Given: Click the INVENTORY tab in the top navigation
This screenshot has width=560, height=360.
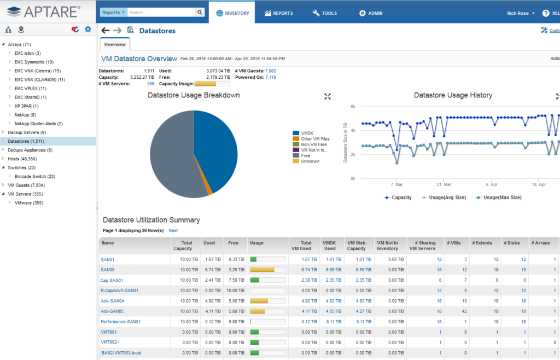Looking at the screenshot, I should [232, 13].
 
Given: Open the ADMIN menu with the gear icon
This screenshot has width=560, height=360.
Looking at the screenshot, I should [370, 13].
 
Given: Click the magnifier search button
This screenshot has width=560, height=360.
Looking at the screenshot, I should [200, 12].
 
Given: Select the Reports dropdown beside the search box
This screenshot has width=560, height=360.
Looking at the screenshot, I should [114, 12].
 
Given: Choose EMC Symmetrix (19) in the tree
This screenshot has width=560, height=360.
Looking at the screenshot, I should [34, 62].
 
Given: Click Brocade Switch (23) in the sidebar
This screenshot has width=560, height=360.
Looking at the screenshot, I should [34, 176].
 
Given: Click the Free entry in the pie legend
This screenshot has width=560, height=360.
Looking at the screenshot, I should [306, 155].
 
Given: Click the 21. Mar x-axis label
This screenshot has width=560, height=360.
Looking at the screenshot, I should [444, 185].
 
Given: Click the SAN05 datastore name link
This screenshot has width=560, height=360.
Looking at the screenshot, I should [107, 269].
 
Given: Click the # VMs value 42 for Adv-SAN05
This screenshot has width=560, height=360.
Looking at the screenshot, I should [464, 311].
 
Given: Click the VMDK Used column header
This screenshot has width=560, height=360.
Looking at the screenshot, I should [329, 246].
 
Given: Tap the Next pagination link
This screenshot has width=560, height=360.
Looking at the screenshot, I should [173, 230].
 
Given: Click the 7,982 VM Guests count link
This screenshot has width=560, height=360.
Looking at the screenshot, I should [270, 71].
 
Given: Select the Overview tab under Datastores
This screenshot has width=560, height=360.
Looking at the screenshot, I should [115, 44].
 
